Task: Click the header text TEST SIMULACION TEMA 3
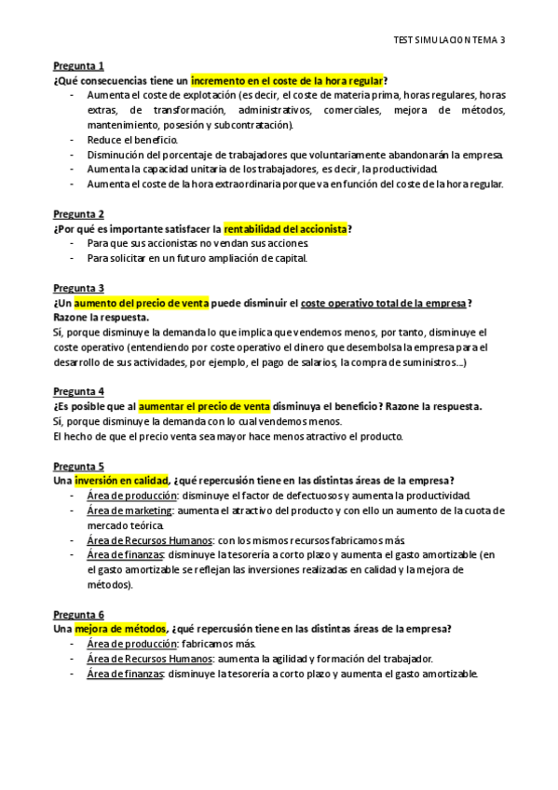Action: click(449, 41)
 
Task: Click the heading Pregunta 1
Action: click(78, 66)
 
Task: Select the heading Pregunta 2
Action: click(78, 214)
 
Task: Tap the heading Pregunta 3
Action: click(78, 289)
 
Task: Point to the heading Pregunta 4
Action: click(78, 392)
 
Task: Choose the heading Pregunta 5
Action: click(78, 466)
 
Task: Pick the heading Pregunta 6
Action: click(78, 615)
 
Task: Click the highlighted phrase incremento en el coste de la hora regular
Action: click(287, 81)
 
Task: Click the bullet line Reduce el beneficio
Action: click(132, 140)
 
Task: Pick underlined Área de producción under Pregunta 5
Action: click(131, 496)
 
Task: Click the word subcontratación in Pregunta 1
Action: click(254, 125)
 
